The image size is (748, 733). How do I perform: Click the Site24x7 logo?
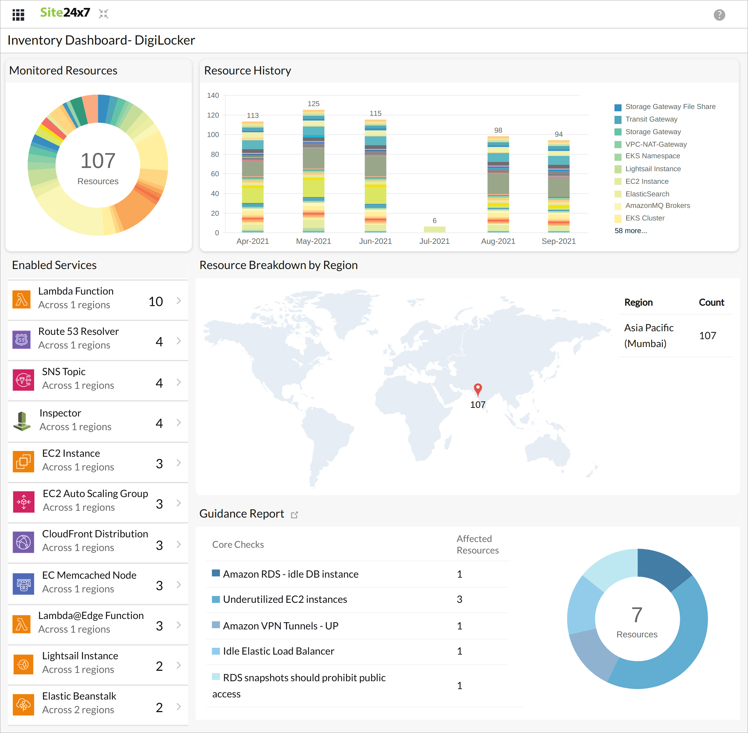pyautogui.click(x=65, y=13)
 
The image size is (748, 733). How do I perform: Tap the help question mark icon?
pyautogui.click(x=719, y=15)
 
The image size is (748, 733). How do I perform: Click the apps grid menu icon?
pyautogui.click(x=18, y=15)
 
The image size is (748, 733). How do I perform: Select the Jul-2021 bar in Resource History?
pyautogui.click(x=434, y=229)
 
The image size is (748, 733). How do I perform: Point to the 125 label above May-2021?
pyautogui.click(x=313, y=104)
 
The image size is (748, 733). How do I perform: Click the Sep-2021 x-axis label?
pyautogui.click(x=558, y=241)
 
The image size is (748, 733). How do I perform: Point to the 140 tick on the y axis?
pyautogui.click(x=213, y=95)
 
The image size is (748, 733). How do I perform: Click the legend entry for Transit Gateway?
pyautogui.click(x=651, y=119)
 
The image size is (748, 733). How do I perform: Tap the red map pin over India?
pyautogui.click(x=477, y=389)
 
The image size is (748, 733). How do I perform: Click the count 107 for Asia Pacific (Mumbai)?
pyautogui.click(x=707, y=336)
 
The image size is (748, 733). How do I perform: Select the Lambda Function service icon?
pyautogui.click(x=22, y=300)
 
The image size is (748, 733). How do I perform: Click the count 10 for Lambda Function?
pyautogui.click(x=156, y=301)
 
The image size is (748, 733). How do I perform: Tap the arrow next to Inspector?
pyautogui.click(x=179, y=422)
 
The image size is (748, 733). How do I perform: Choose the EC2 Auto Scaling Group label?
pyautogui.click(x=95, y=493)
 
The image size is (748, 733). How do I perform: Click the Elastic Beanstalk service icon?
pyautogui.click(x=23, y=705)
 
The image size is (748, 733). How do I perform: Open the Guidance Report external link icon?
pyautogui.click(x=295, y=515)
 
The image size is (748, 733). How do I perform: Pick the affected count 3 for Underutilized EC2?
pyautogui.click(x=459, y=599)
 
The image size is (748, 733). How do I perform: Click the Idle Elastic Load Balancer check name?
pyautogui.click(x=278, y=651)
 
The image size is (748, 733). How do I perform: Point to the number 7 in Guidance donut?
pyautogui.click(x=637, y=614)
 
